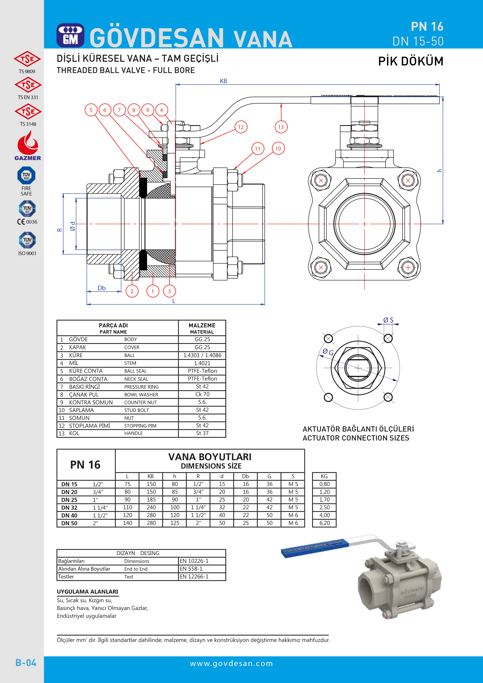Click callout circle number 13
click(281, 127)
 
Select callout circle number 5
click(91, 110)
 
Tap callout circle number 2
click(132, 291)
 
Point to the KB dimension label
click(223, 81)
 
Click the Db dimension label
click(101, 288)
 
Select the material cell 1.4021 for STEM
click(202, 363)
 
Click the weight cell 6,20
click(324, 523)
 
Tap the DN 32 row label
click(69, 508)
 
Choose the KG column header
click(324, 476)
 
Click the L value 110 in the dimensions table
click(127, 508)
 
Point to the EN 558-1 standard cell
click(191, 569)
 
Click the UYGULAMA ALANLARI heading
click(87, 592)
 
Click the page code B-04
click(26, 663)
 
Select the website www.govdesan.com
click(231, 663)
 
